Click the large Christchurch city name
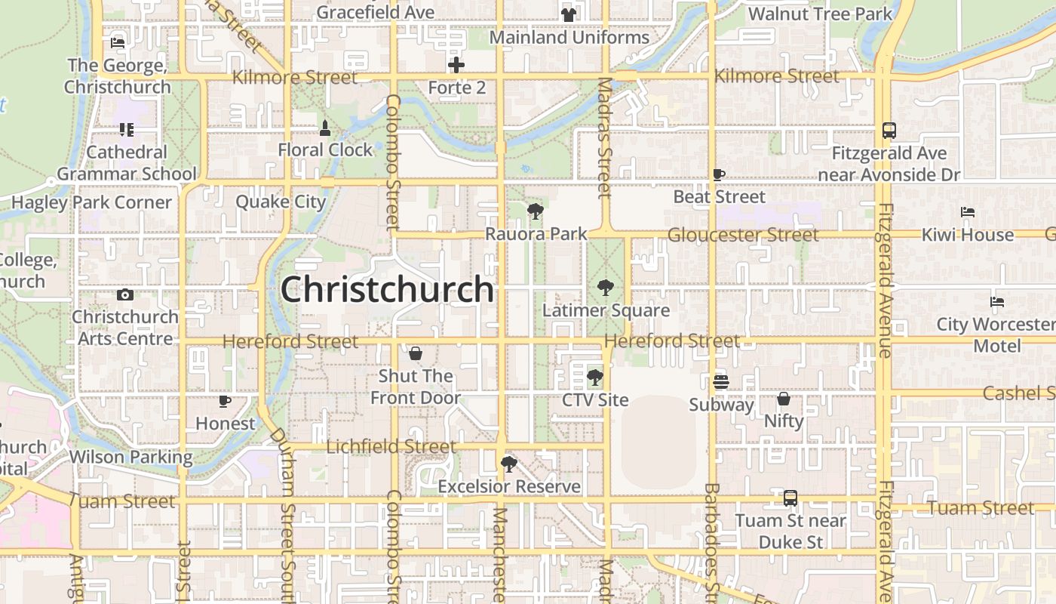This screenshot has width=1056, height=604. click(x=387, y=290)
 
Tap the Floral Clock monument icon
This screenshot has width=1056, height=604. click(x=325, y=128)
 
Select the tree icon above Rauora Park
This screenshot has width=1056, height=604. click(x=536, y=211)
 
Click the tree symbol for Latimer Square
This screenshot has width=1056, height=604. click(x=605, y=288)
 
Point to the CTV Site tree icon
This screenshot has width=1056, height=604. click(x=595, y=377)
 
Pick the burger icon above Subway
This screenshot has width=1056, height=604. click(x=721, y=382)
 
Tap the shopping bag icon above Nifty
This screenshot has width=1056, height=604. click(x=784, y=399)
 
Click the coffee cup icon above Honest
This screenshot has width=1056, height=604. click(x=224, y=401)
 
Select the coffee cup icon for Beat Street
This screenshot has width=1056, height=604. click(x=719, y=175)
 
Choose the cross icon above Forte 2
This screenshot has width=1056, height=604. click(x=456, y=65)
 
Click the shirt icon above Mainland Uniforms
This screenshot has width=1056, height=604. click(x=569, y=14)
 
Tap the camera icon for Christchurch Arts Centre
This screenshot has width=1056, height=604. click(x=125, y=294)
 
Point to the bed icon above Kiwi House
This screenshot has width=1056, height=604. click(x=968, y=212)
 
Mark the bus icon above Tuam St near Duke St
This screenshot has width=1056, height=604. click(x=790, y=498)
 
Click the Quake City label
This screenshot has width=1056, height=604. click(x=281, y=202)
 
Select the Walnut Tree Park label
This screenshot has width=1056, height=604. click(x=820, y=14)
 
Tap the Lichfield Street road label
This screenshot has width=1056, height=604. click(x=391, y=447)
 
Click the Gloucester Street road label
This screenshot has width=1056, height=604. click(x=743, y=235)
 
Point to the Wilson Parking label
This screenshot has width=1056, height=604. click(x=130, y=458)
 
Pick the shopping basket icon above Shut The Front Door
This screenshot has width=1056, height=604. click(x=415, y=353)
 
